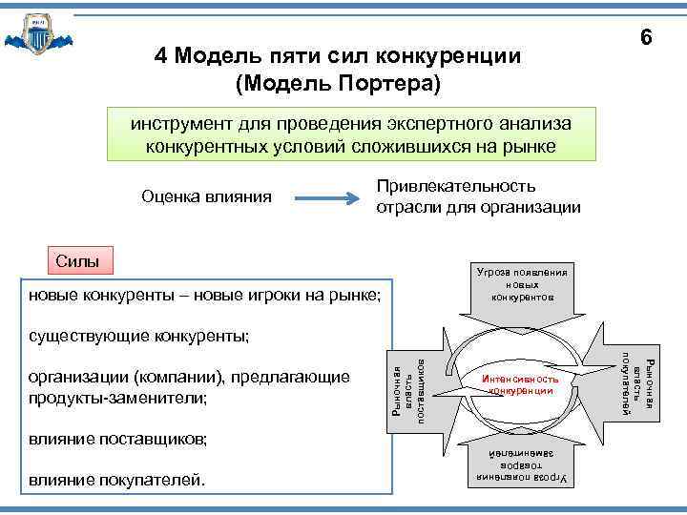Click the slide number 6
click(x=646, y=38)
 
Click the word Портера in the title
click(x=386, y=83)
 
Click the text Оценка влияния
click(x=206, y=197)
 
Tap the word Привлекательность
click(x=456, y=186)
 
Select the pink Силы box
click(x=77, y=259)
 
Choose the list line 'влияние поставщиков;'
click(x=117, y=439)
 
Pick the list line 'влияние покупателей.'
click(x=116, y=479)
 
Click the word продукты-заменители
click(x=118, y=397)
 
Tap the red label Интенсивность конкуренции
click(x=519, y=385)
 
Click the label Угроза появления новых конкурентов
click(x=522, y=284)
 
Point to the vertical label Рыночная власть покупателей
click(x=636, y=384)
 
